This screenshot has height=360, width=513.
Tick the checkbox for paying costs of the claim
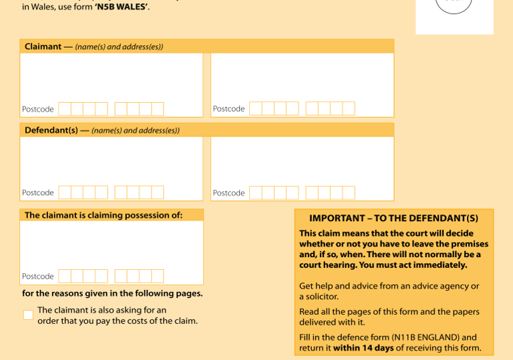29,315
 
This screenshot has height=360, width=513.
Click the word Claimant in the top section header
43,47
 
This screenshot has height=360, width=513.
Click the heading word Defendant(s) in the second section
51,130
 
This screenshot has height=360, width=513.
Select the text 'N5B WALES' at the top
121,7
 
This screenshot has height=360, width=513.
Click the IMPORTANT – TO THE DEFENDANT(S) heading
394,218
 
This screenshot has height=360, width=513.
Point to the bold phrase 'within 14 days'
363,347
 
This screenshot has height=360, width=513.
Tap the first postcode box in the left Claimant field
65,109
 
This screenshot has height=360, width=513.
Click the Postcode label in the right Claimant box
228,109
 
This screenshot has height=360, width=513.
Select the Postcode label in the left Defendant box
38,192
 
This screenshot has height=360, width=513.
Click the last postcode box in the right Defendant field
349,193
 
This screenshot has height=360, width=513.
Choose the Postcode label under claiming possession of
38,277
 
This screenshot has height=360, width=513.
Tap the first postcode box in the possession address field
65,277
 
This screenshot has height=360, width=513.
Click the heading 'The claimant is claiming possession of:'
104,215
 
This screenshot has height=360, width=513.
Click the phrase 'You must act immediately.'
413,264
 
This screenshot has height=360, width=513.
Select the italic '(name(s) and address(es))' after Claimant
119,47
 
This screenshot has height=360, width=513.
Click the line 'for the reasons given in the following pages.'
112,293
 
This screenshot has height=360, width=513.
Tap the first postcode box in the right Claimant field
256,109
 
